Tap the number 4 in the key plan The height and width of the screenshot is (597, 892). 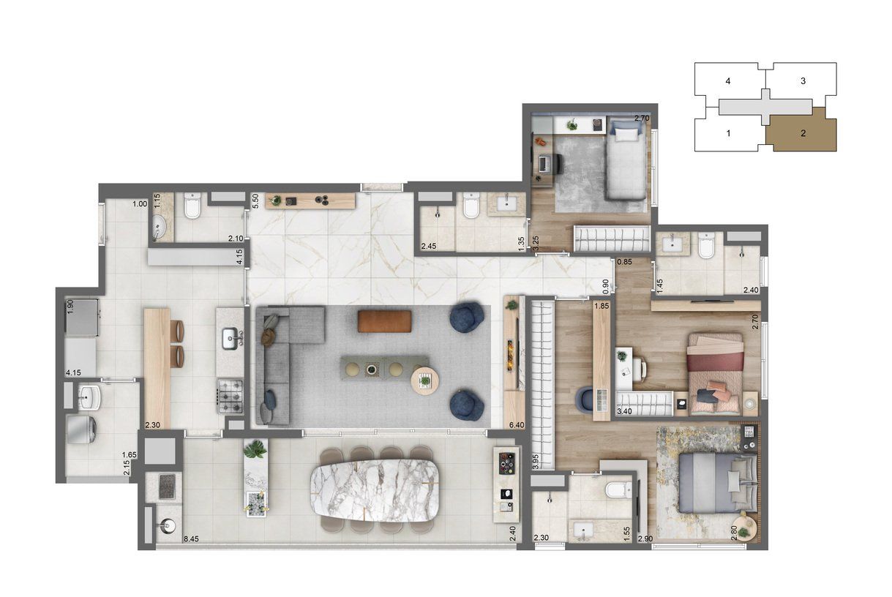728,81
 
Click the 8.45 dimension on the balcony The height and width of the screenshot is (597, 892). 191,539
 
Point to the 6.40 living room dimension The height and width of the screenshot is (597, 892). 517,425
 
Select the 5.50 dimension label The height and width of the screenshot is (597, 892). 255,200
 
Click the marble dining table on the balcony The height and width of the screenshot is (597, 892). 375,490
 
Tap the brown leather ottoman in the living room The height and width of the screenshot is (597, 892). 384,321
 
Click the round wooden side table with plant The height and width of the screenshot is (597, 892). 425,381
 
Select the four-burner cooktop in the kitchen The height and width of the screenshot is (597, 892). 231,397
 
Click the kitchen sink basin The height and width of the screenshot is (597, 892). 230,339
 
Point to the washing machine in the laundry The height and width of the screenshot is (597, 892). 82,429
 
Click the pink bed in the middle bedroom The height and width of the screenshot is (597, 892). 715,374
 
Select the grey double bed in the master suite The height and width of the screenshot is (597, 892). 718,484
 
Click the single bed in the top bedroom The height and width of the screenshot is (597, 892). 626,159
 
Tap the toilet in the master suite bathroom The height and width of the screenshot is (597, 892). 618,490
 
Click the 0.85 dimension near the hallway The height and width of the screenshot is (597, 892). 624,262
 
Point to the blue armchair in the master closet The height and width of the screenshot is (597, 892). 585,399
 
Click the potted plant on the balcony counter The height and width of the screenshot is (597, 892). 255,448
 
